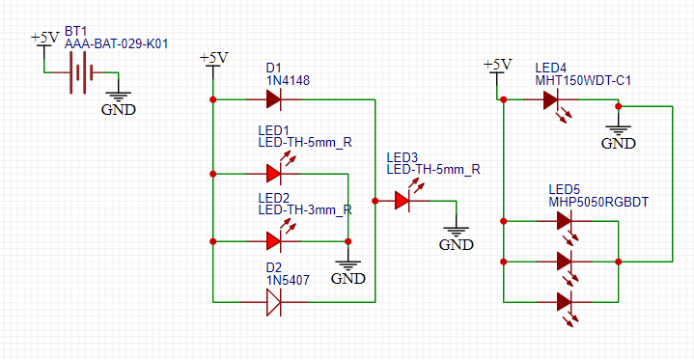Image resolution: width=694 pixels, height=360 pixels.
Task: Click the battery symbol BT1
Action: [79, 72]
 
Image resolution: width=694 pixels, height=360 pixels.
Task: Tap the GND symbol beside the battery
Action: [118, 99]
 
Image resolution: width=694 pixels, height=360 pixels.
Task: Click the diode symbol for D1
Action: [274, 98]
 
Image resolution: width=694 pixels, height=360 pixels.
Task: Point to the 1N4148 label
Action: [288, 81]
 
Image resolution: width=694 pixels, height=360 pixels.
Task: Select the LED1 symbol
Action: [274, 173]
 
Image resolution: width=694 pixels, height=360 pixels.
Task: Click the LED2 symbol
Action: [274, 239]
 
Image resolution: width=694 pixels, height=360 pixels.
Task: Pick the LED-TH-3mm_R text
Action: [304, 209]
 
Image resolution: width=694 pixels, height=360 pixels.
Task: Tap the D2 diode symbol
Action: [274, 302]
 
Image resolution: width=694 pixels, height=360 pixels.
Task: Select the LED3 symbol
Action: [403, 201]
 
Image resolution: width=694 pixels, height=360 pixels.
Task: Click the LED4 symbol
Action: [552, 98]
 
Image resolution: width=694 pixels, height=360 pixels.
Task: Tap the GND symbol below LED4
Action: [618, 133]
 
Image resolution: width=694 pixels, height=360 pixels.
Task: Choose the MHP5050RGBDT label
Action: [598, 202]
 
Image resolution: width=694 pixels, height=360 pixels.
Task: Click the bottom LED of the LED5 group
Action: [566, 301]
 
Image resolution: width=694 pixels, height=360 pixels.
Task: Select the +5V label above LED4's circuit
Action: [496, 65]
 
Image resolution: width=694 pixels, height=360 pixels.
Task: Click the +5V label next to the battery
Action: [44, 38]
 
